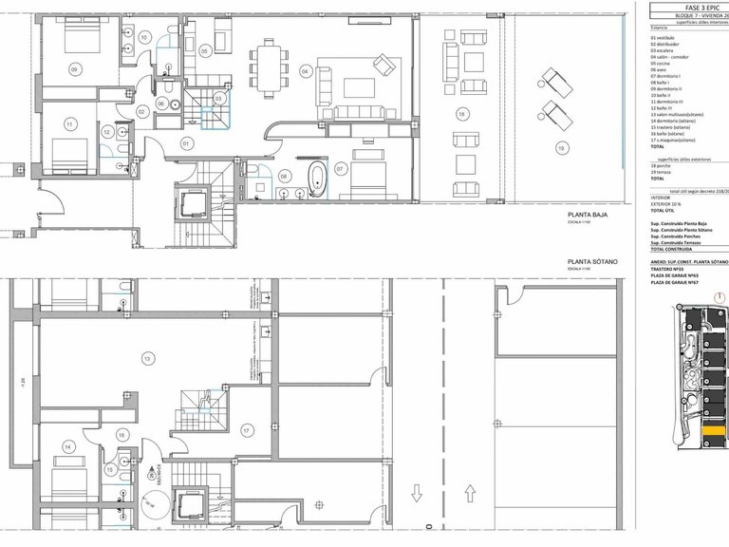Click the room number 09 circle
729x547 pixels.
click(75, 70)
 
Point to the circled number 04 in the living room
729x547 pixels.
click(306, 71)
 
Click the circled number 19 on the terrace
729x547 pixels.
click(561, 147)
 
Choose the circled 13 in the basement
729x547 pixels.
click(146, 358)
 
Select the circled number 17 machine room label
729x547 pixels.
click(247, 430)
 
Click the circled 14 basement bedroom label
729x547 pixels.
click(68, 445)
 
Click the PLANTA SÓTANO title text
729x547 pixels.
click(592, 261)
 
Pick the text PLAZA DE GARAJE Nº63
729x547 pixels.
click(675, 274)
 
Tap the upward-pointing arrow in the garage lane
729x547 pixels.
click(470, 494)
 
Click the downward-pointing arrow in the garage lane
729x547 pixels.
click(416, 494)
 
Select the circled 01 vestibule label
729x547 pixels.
click(186, 143)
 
